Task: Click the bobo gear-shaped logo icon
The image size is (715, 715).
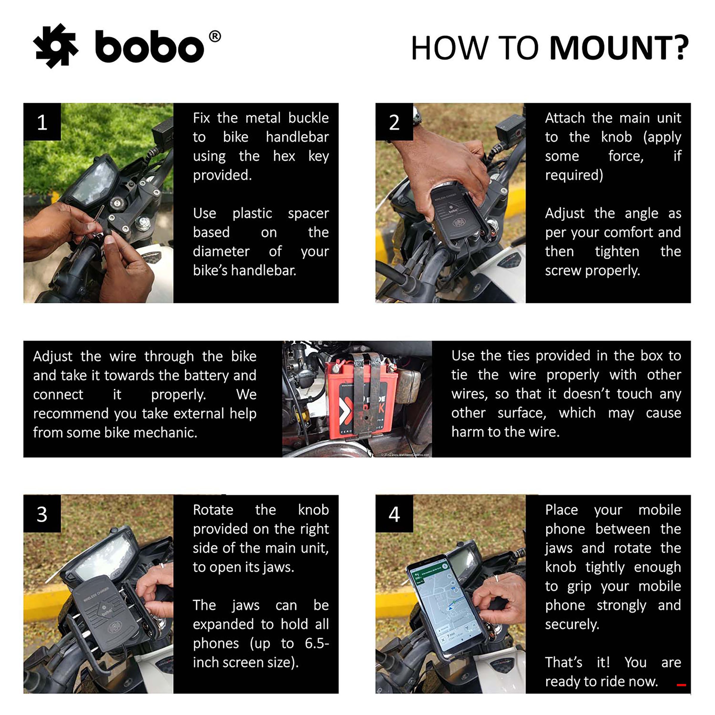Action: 55,46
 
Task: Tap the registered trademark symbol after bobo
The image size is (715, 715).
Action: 214,36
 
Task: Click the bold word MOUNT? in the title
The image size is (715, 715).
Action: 619,48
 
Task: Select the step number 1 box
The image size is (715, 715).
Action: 42,122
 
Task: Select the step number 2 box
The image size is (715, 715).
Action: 394,122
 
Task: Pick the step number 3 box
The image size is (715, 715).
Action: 42,514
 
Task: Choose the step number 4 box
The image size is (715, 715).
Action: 394,514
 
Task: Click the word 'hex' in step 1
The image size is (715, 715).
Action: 284,156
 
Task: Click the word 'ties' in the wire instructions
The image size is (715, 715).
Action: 518,355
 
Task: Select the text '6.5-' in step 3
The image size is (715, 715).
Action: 316,643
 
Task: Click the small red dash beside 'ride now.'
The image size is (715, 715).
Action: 681,685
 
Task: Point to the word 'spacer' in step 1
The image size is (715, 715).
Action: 308,213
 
